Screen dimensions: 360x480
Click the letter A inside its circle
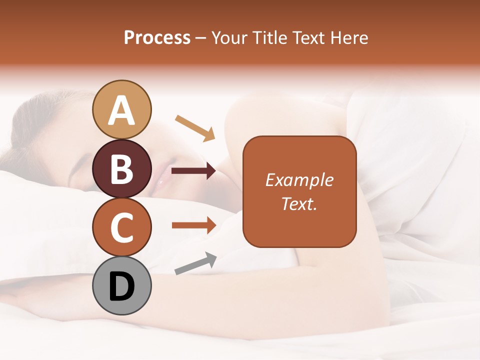coord(122,111)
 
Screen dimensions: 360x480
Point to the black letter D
coord(122,287)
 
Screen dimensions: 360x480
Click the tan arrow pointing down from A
coord(195,127)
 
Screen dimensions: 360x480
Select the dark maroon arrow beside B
coord(193,171)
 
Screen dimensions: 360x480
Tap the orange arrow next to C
coord(193,225)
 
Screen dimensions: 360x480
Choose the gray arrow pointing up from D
coord(195,263)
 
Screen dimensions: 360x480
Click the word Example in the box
coord(299,180)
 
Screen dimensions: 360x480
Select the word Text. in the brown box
coord(299,204)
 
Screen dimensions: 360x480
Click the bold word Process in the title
coord(157,38)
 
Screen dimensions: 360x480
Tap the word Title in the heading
coord(270,38)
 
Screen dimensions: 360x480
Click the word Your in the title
coord(228,38)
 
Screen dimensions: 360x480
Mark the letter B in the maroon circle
coord(122,169)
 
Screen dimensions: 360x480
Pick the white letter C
coord(122,227)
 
